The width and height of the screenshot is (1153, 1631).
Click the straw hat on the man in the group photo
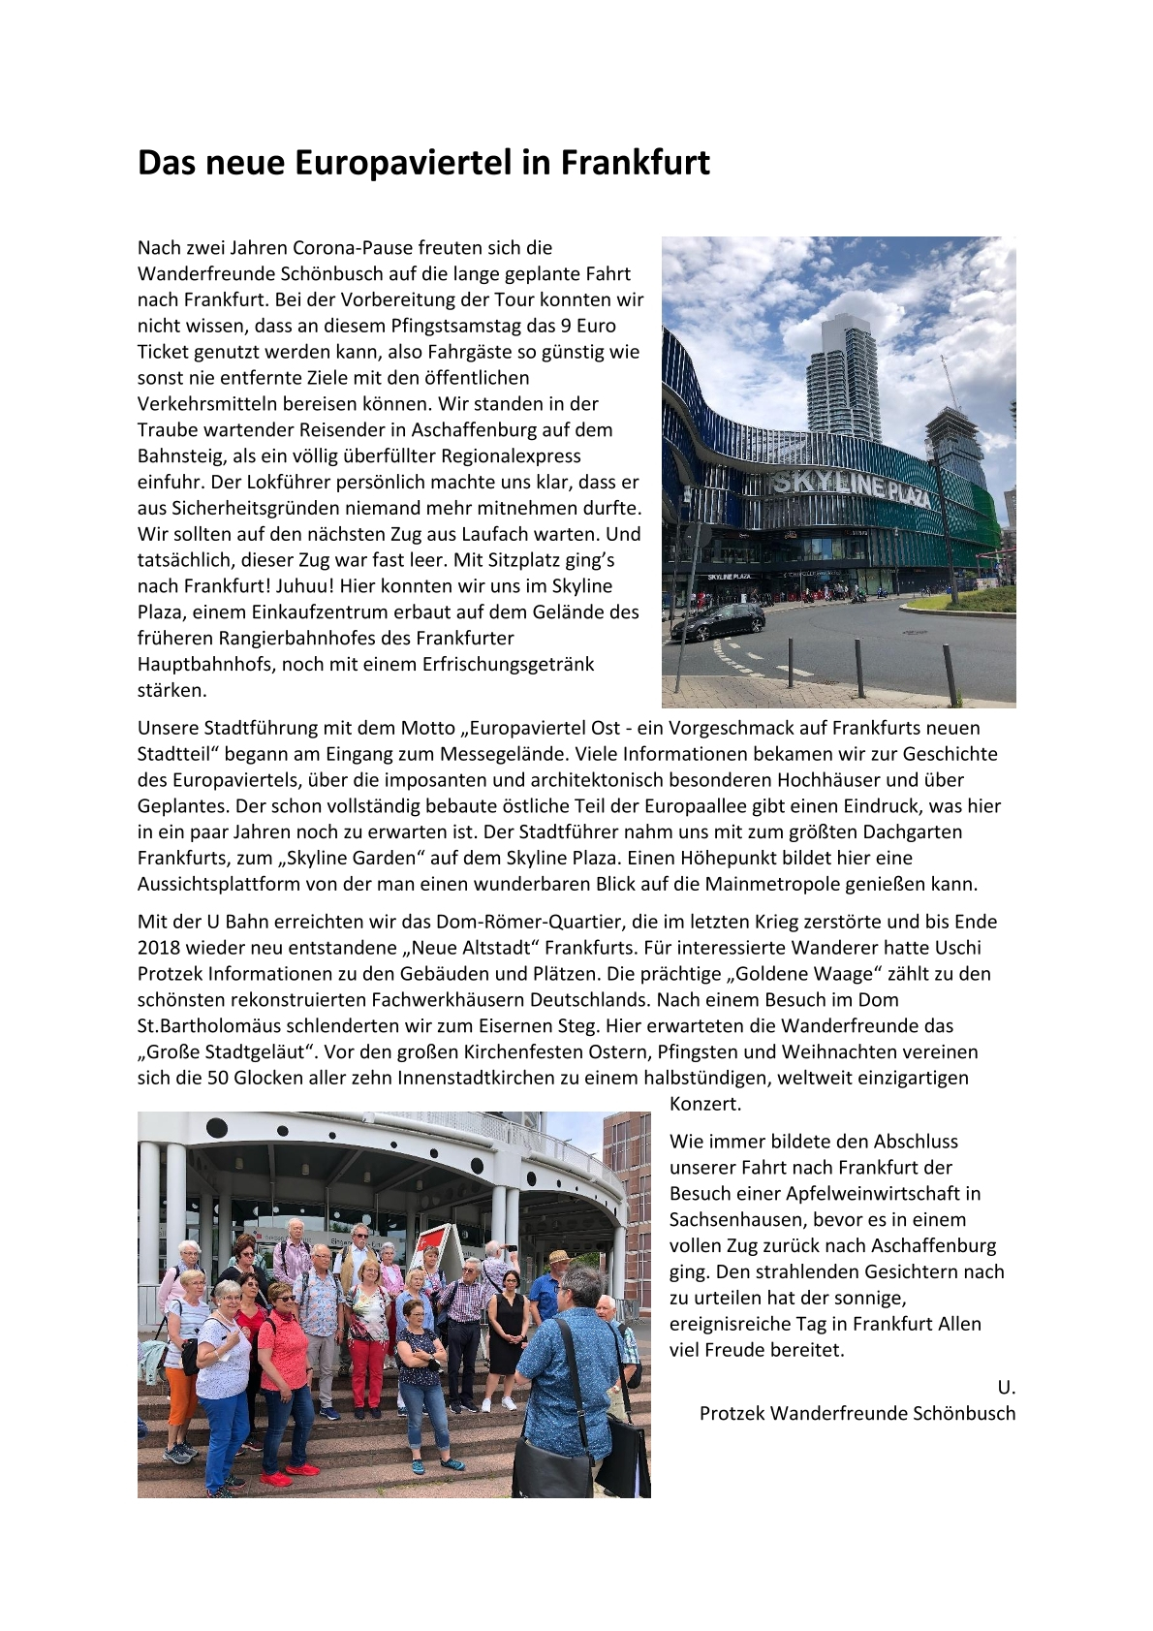coord(558,1257)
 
